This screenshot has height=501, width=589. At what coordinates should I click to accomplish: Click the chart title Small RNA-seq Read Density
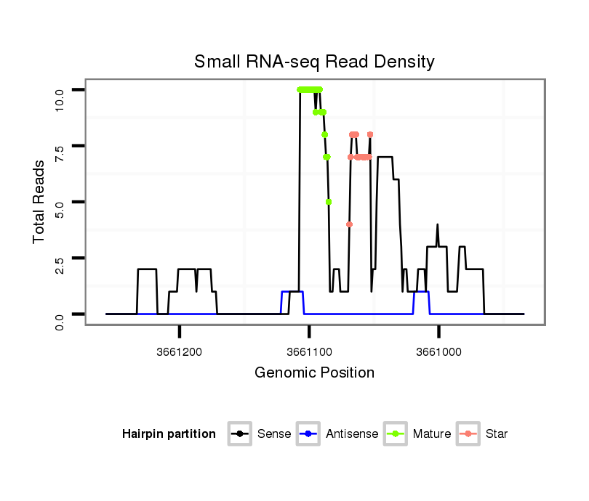(x=314, y=62)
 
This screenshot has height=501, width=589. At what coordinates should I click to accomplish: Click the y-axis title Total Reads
(x=39, y=202)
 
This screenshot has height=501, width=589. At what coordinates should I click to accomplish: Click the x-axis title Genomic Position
(x=314, y=373)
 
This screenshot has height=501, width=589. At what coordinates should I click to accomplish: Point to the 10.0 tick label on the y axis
(x=60, y=90)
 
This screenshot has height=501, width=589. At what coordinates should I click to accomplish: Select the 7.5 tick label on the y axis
(x=60, y=146)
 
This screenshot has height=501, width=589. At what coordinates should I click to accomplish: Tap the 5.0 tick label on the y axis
(x=60, y=202)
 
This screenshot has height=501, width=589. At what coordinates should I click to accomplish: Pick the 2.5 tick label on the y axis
(x=60, y=258)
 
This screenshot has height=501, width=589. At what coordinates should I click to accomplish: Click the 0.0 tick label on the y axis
(x=60, y=314)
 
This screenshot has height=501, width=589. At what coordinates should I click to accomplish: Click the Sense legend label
(x=274, y=434)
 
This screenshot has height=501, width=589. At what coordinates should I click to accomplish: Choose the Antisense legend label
(x=352, y=434)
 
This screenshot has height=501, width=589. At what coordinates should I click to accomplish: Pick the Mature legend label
(x=432, y=434)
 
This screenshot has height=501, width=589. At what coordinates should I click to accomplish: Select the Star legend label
(x=497, y=434)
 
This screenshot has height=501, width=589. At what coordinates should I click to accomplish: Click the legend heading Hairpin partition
(x=169, y=434)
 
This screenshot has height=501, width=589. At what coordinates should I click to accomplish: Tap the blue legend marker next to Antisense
(x=309, y=434)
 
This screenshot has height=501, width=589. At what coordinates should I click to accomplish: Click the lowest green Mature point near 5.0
(x=329, y=202)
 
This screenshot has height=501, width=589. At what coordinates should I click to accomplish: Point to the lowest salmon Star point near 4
(x=349, y=224)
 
